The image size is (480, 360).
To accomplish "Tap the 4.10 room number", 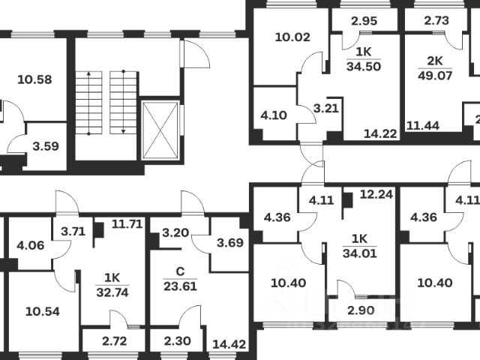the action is (x=273, y=116).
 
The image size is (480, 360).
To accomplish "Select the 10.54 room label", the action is (x=42, y=311).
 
